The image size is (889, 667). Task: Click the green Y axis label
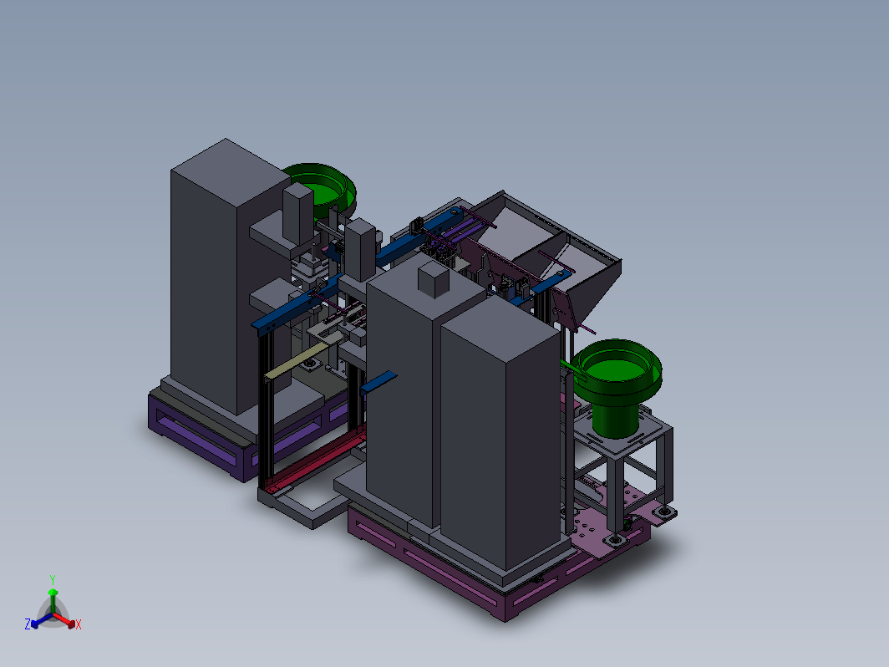tap(52, 580)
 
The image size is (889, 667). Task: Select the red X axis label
tap(79, 624)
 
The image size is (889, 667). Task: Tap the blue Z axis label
tap(28, 624)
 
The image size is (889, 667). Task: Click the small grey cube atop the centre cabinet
tap(433, 280)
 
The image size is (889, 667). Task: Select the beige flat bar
tap(296, 361)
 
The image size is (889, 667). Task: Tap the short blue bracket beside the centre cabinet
tap(378, 382)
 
